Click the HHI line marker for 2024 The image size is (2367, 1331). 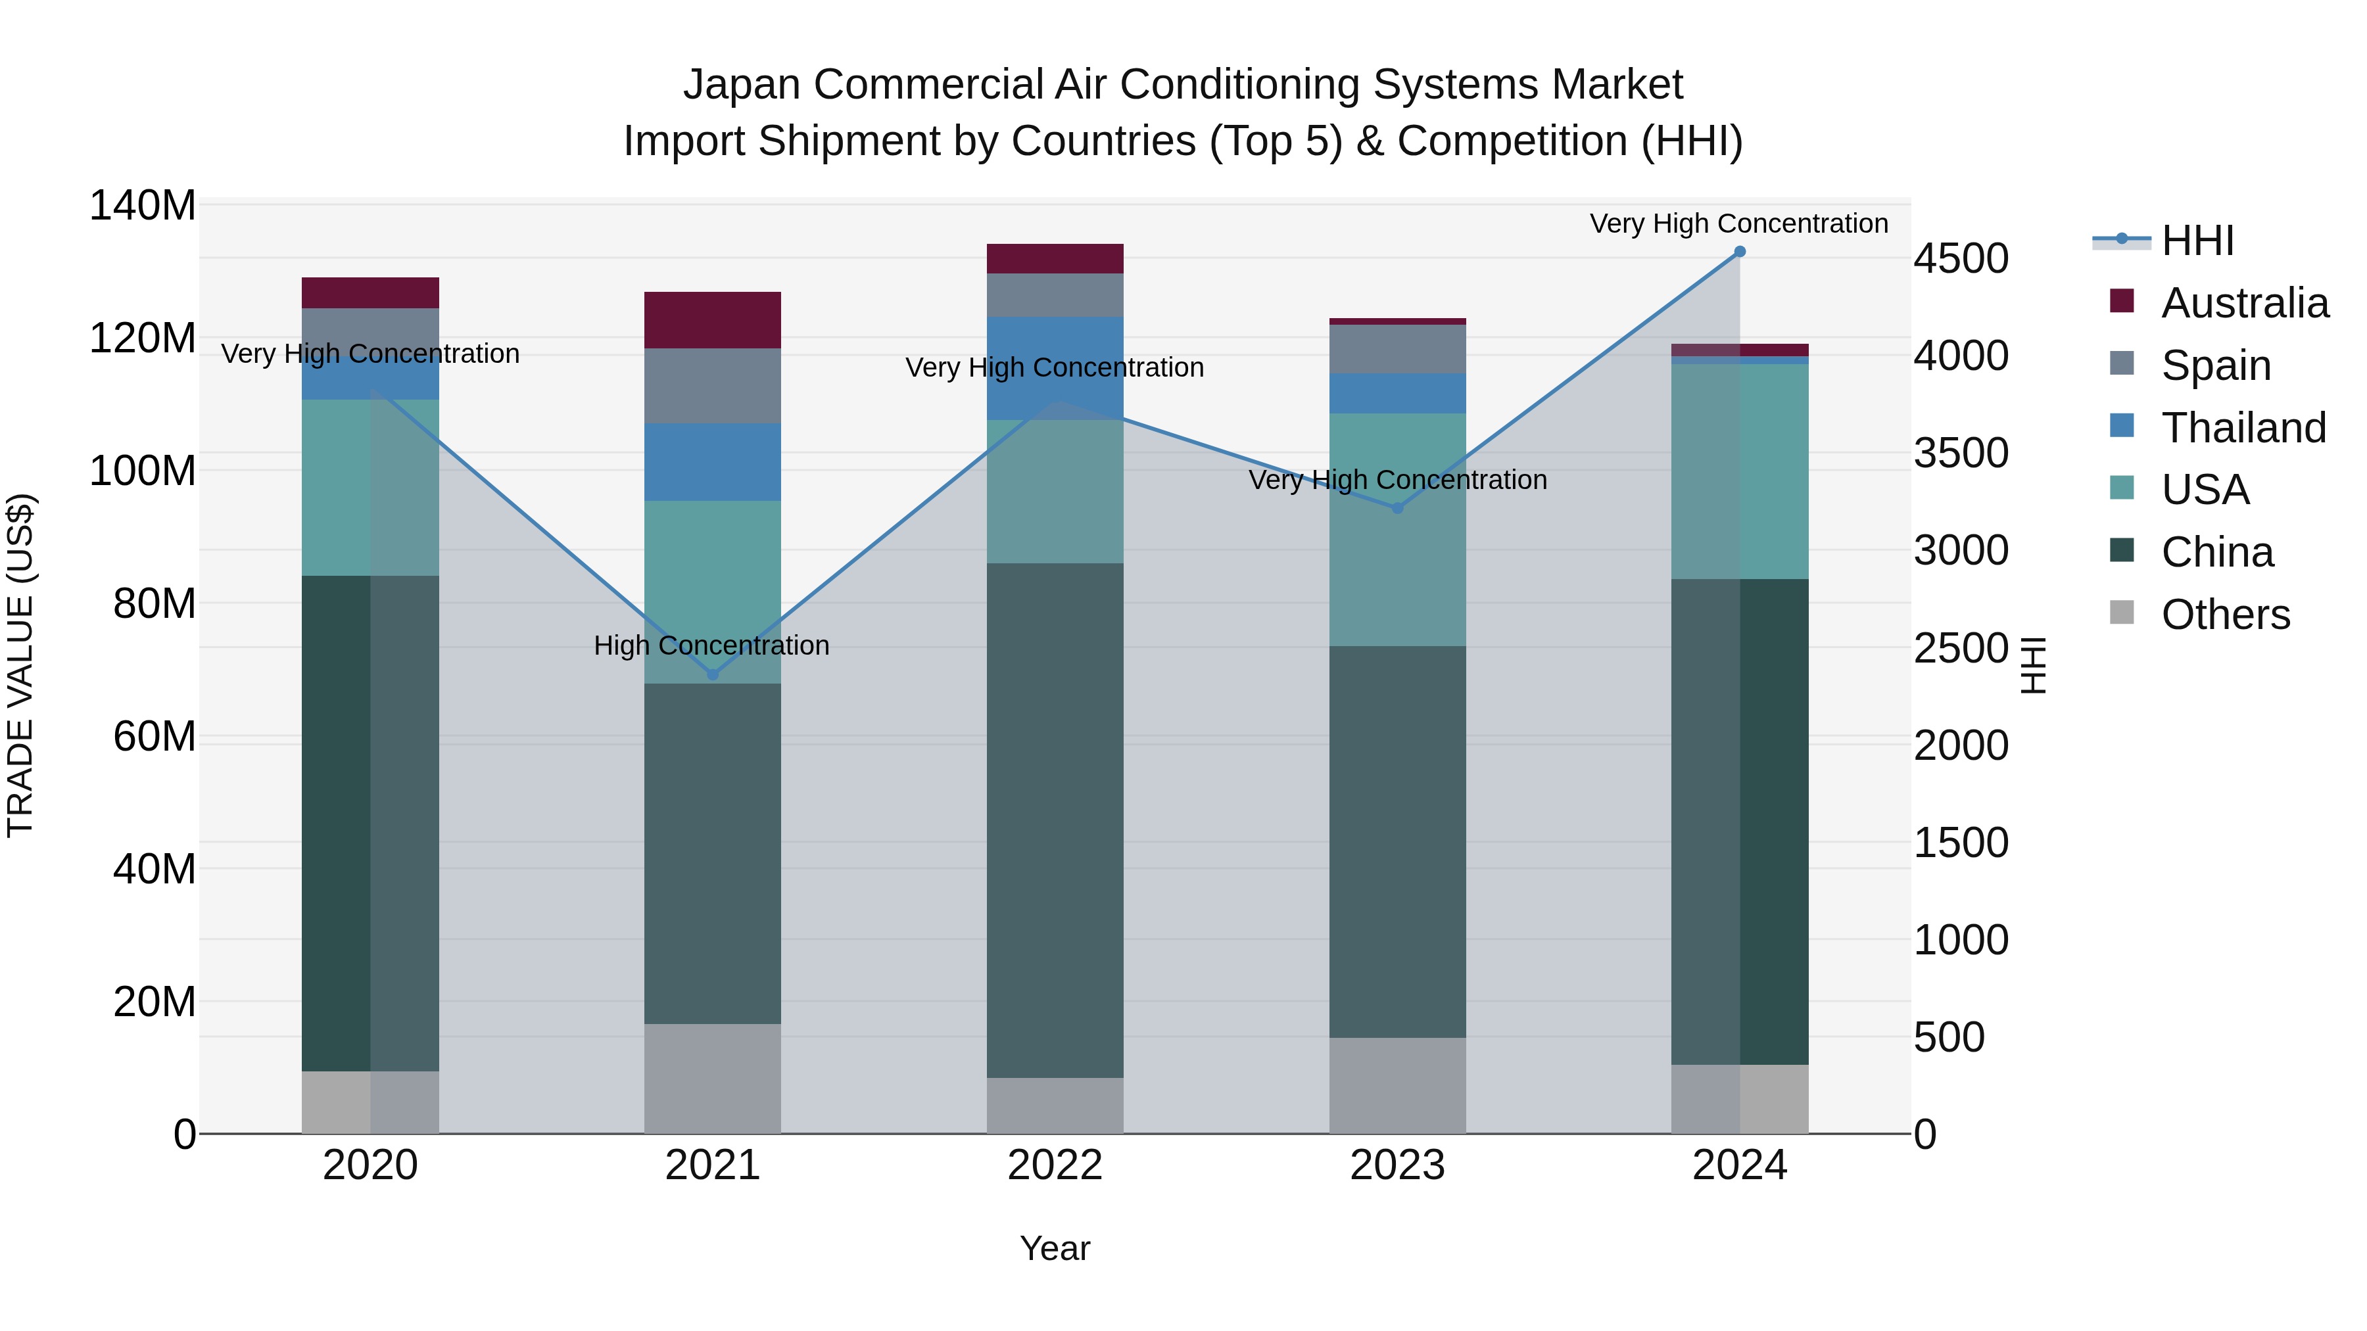click(x=1739, y=252)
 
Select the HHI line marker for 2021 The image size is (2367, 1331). click(x=712, y=674)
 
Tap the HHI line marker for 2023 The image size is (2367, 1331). click(x=1398, y=508)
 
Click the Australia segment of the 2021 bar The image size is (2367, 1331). click(x=712, y=319)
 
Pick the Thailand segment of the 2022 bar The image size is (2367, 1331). click(x=1055, y=367)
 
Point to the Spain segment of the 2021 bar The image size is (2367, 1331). click(x=712, y=386)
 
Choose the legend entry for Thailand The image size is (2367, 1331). click(x=2243, y=428)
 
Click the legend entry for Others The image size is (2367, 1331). click(x=2224, y=615)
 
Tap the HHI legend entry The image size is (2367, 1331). click(x=2197, y=241)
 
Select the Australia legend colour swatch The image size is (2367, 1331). click(x=2122, y=300)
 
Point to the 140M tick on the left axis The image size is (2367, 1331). click(x=143, y=206)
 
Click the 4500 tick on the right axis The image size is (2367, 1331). click(x=1961, y=259)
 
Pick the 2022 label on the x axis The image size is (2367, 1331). click(x=1055, y=1165)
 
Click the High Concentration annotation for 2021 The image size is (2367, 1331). click(x=712, y=645)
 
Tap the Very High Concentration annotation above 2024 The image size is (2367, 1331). click(x=1738, y=223)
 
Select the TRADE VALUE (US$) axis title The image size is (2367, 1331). click(x=20, y=665)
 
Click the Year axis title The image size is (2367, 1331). click(x=1055, y=1248)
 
